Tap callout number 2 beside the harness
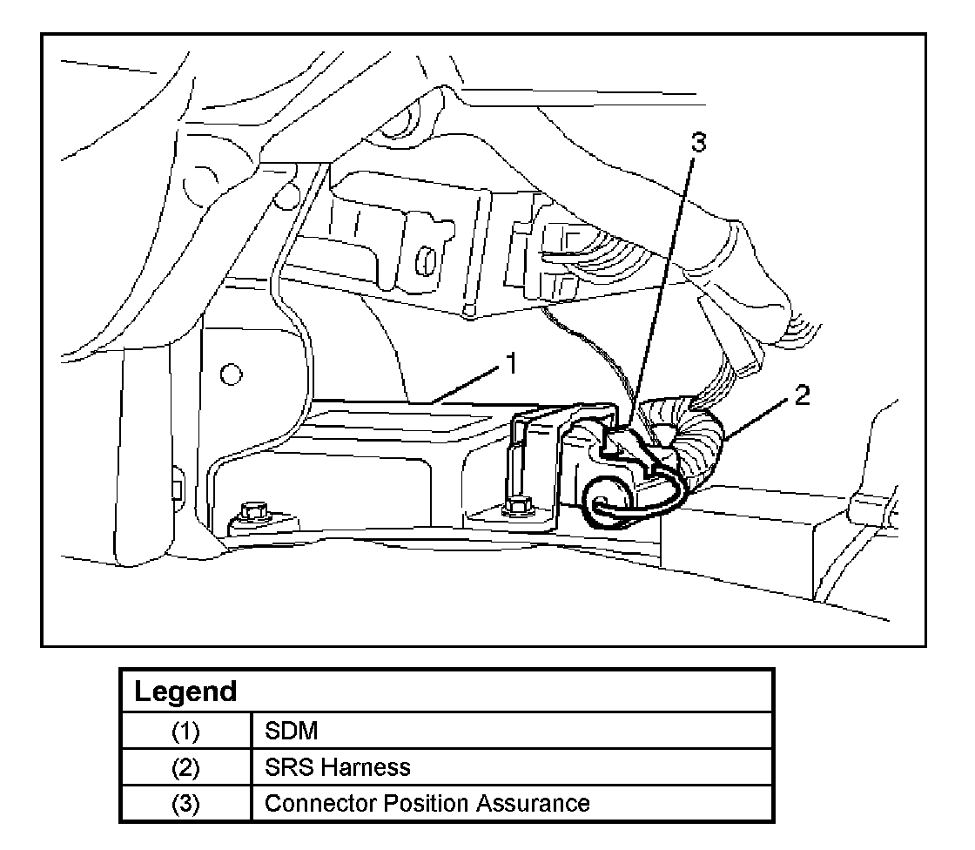[802, 396]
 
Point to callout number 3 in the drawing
[698, 145]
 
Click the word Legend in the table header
[185, 691]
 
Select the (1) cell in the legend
[185, 731]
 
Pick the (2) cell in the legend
[185, 766]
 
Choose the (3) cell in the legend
[185, 802]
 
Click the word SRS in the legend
[285, 766]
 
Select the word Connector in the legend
[307, 802]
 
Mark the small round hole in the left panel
[231, 375]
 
